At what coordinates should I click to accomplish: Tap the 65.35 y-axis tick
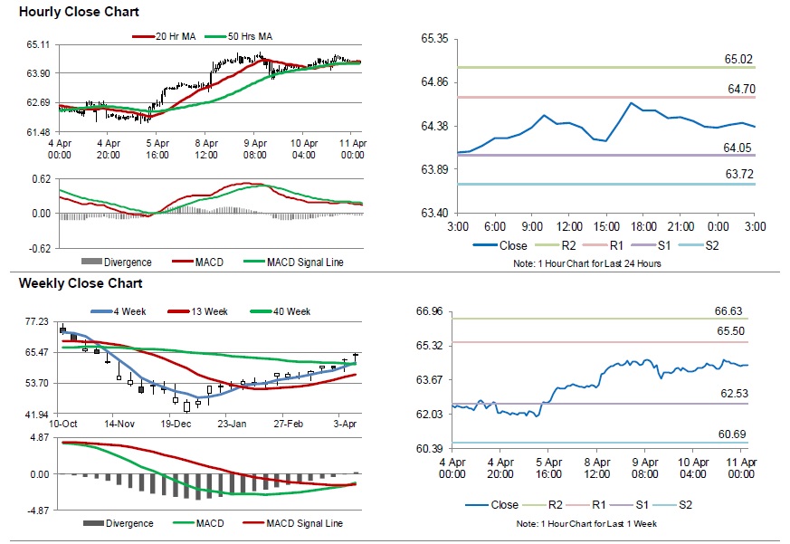pyautogui.click(x=435, y=39)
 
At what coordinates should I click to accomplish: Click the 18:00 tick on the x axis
pyautogui.click(x=642, y=225)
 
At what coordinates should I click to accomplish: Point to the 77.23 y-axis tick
pyautogui.click(x=37, y=321)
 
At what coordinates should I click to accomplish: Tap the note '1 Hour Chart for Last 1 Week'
pyautogui.click(x=588, y=525)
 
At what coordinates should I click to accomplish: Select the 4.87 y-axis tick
pyautogui.click(x=38, y=437)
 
